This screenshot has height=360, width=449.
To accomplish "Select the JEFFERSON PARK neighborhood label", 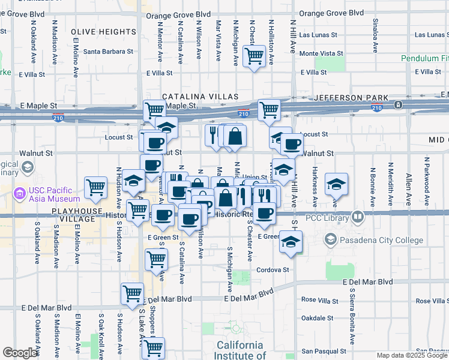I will [347, 97].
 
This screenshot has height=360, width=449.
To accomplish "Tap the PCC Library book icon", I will [358, 216].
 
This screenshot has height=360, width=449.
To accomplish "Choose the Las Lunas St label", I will [321, 35].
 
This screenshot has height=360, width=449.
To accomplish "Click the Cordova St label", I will [274, 270].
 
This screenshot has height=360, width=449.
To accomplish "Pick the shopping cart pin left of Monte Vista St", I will [255, 56].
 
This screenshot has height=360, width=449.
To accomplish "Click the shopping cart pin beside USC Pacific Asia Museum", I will [96, 188].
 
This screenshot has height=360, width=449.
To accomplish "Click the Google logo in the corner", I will [20, 353].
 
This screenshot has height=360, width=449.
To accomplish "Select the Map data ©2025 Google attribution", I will [411, 355].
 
